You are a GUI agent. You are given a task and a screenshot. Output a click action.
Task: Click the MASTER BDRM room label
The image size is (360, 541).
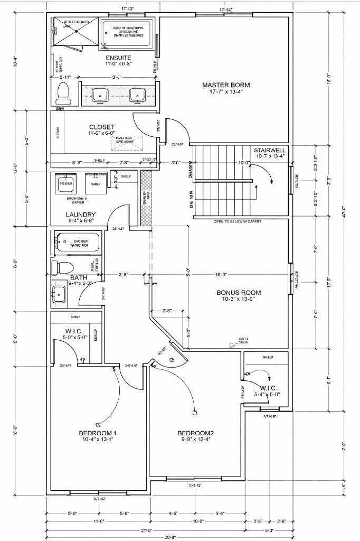click(226, 85)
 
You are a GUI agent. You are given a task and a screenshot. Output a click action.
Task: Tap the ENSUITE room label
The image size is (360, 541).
click(118, 58)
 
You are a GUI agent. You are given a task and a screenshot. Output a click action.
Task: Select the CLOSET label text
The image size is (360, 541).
click(102, 127)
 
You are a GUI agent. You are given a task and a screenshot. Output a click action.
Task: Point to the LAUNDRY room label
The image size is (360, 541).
click(81, 214)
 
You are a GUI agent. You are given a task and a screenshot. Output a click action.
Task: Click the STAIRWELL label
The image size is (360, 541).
click(269, 150)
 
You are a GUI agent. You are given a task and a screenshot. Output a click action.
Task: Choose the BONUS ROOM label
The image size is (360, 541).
click(239, 292)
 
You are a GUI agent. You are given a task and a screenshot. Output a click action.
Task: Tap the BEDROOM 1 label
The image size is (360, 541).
click(98, 433)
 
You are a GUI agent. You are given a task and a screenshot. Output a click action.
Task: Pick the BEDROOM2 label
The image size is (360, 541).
click(195, 433)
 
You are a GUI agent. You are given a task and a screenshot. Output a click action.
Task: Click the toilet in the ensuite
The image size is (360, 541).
click(64, 93)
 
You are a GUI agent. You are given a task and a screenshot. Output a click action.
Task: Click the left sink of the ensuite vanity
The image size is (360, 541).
click(99, 95)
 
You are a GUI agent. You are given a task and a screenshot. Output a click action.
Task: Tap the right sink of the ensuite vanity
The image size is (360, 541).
click(137, 95)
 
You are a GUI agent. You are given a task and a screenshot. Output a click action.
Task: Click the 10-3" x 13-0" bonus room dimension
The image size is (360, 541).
click(239, 299)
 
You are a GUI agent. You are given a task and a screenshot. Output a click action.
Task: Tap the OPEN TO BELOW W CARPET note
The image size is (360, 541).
click(238, 222)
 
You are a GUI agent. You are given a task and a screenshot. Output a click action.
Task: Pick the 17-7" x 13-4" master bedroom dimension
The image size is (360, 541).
click(226, 91)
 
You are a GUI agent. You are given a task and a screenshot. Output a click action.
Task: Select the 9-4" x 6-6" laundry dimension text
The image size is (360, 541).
click(81, 221)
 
